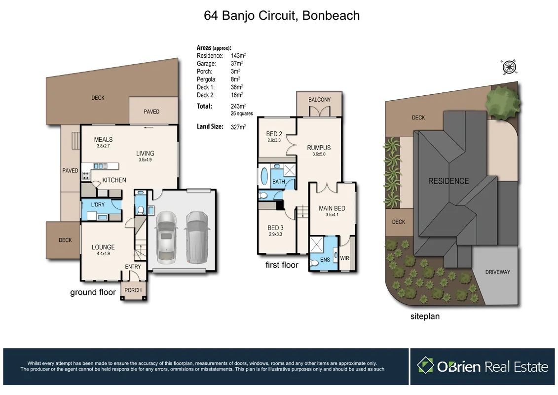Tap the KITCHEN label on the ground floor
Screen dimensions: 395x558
(114, 180)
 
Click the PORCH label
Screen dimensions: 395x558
(133, 290)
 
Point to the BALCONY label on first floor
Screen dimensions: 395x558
(319, 100)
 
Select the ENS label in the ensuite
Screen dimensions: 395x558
(325, 259)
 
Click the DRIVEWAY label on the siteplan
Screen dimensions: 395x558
(497, 272)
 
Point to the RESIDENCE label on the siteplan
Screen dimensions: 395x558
(448, 181)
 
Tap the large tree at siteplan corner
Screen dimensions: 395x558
(502, 102)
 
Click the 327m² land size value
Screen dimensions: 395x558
(238, 127)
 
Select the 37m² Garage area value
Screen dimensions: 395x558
(236, 64)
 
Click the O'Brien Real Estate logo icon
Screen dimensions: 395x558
(425, 366)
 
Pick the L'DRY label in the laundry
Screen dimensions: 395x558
(98, 204)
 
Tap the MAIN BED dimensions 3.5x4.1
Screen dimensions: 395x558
(332, 215)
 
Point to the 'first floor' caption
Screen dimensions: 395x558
(282, 265)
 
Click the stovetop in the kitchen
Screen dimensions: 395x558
(86, 175)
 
